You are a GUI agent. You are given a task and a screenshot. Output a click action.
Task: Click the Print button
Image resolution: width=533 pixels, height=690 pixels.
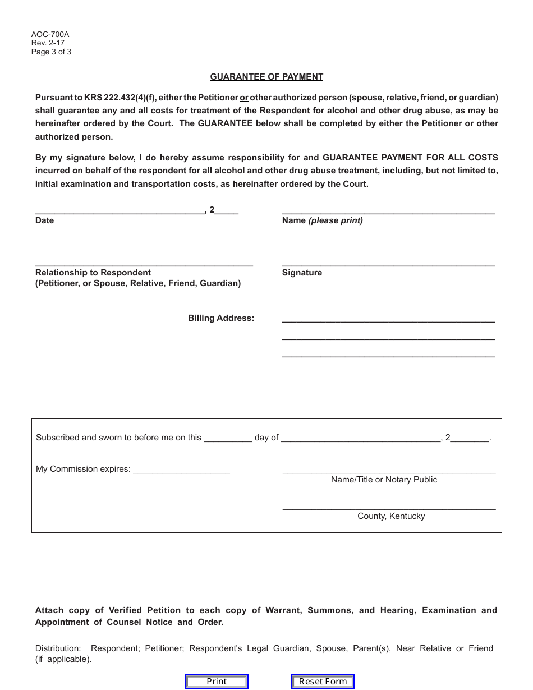point(217,682)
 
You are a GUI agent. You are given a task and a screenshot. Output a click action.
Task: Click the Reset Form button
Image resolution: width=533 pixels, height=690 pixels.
point(323,682)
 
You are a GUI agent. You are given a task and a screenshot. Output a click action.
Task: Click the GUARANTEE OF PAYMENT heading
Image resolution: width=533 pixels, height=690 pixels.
point(266,77)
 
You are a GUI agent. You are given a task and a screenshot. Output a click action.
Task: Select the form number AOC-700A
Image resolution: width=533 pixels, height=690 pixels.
point(50,34)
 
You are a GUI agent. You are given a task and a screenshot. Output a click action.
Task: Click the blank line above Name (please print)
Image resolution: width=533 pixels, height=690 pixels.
point(388,210)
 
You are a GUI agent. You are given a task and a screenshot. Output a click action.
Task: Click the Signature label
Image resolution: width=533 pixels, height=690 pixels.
point(302,273)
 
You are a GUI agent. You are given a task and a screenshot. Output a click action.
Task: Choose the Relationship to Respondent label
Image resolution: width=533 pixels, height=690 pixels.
point(93,273)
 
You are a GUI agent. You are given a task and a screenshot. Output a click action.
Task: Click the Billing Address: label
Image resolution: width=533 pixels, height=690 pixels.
point(221,318)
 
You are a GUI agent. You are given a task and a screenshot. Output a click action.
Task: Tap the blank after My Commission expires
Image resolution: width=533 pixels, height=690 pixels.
point(181,470)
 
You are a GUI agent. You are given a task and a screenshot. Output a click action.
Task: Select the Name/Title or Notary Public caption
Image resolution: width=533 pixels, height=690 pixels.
point(384,480)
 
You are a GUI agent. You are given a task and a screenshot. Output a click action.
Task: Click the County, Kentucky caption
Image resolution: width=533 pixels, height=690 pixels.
point(391,516)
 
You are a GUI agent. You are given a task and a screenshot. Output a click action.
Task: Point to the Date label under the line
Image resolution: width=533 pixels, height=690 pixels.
point(44,220)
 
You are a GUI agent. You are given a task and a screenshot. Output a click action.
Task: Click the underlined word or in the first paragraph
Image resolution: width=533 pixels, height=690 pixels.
point(244,98)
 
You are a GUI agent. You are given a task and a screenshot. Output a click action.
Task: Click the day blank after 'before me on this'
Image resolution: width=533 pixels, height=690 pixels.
point(228,438)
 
